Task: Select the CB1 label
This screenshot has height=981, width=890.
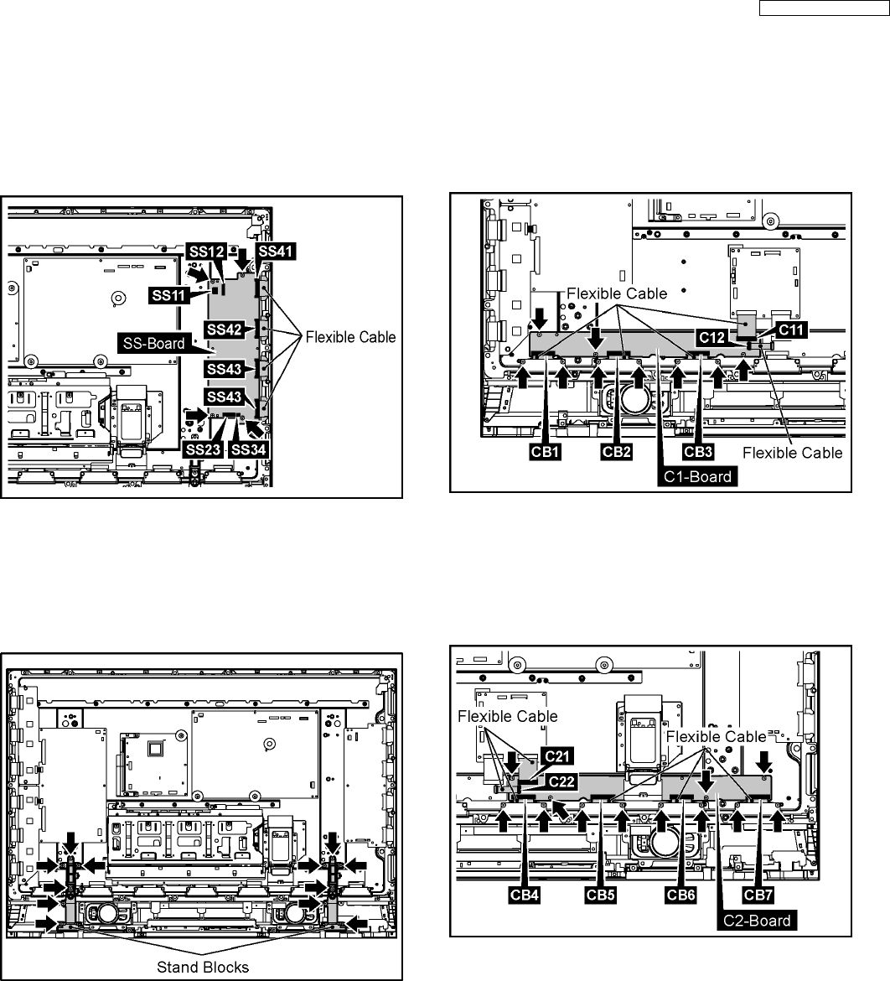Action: (544, 451)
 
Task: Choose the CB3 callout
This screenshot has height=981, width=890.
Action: (698, 451)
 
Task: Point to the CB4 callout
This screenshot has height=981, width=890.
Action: (522, 894)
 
